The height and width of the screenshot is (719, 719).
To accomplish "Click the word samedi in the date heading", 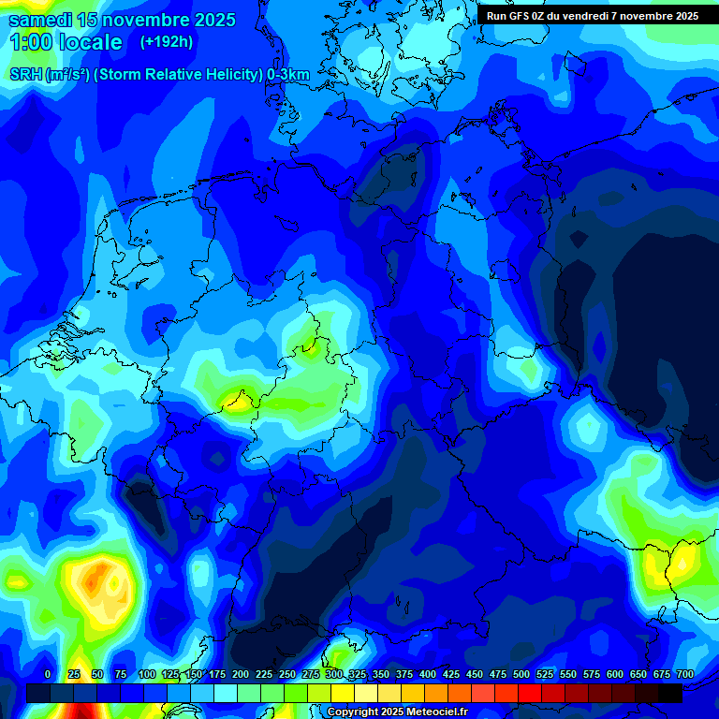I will pyautogui.click(x=37, y=20).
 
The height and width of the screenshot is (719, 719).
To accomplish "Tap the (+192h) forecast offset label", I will pyautogui.click(x=167, y=42).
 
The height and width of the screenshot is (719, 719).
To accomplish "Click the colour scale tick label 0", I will pyautogui.click(x=48, y=674).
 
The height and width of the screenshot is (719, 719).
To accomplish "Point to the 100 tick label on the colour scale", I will pyautogui.click(x=147, y=674).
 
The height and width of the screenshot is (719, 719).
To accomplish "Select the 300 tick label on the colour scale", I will pyautogui.click(x=334, y=674).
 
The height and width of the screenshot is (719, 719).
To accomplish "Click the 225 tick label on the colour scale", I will pyautogui.click(x=264, y=674).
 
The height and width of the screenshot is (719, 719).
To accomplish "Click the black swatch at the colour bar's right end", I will pyautogui.click(x=670, y=693).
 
